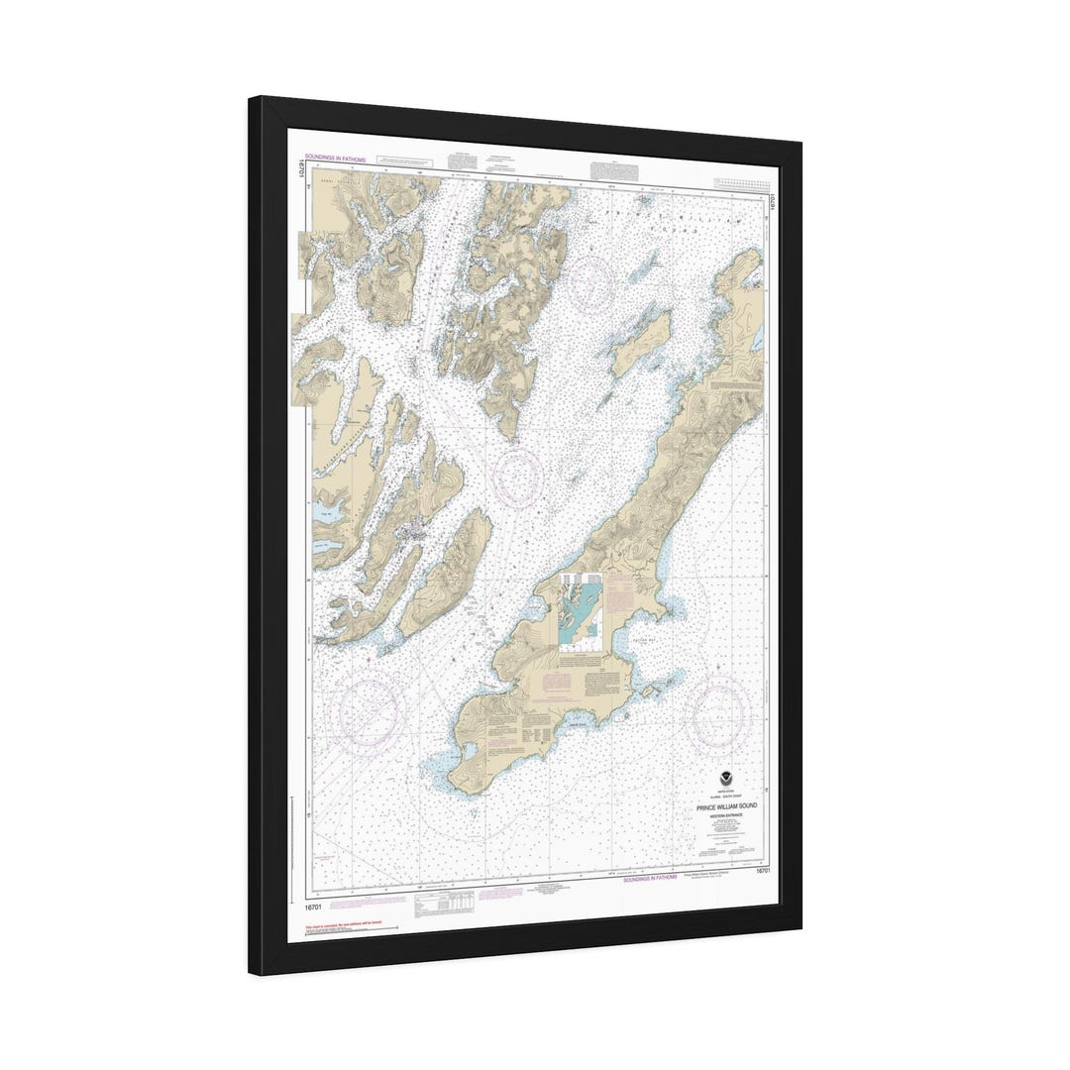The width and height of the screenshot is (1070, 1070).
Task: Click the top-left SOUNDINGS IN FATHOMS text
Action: click(x=335, y=158)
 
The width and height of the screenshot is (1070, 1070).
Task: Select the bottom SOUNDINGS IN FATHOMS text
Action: click(x=650, y=879)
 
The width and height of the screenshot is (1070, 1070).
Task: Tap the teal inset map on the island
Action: click(x=581, y=611)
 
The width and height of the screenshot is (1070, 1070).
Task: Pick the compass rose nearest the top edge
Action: click(x=590, y=282)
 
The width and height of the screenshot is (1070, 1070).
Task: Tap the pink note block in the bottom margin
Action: click(x=499, y=894)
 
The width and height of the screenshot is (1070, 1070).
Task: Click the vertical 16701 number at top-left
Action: click(x=299, y=169)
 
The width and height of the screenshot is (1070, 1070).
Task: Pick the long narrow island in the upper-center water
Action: click(x=640, y=342)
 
